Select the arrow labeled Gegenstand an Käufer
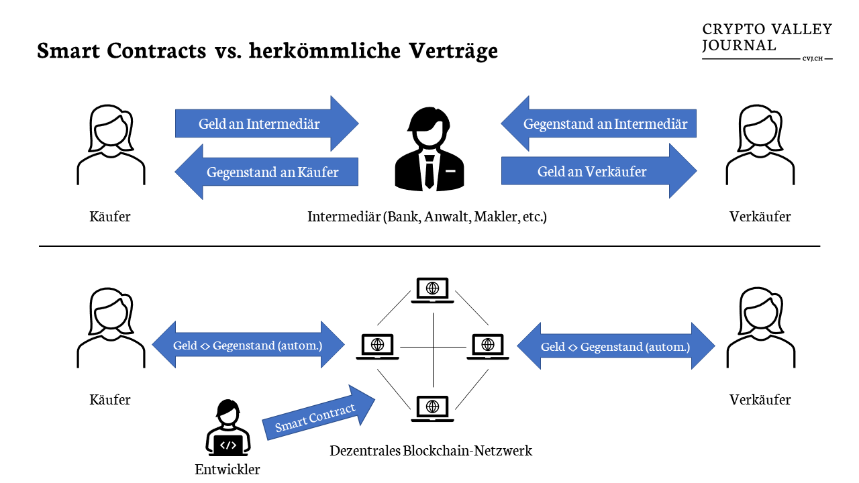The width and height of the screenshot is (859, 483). (x=268, y=172)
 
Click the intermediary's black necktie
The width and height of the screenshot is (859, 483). (x=428, y=172)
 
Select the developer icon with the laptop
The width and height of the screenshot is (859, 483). (x=228, y=429)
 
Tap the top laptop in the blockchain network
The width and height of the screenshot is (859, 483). (x=433, y=290)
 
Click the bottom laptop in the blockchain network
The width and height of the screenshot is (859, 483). (x=433, y=407)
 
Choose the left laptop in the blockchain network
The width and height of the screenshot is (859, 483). (x=377, y=346)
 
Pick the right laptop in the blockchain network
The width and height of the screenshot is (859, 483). (x=489, y=346)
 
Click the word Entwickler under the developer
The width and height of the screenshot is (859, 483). (x=228, y=470)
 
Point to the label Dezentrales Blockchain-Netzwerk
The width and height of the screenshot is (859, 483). (x=431, y=451)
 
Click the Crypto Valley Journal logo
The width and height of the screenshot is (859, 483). (x=767, y=40)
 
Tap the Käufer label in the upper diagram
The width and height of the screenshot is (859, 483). (x=110, y=217)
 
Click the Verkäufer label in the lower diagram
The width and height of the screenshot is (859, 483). (x=760, y=400)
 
